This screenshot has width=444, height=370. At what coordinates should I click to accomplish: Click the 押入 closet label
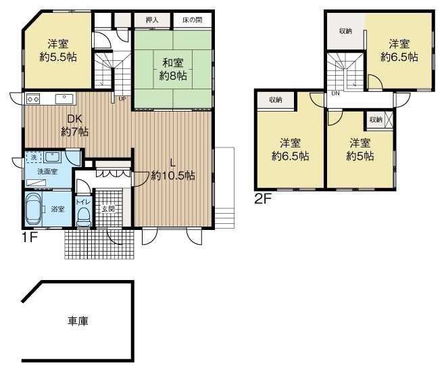(x=152, y=20)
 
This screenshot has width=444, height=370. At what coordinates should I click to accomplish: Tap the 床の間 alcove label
(x=193, y=20)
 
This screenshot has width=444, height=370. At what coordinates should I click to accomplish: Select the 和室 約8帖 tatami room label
(x=173, y=69)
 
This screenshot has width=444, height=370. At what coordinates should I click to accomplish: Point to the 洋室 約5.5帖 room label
(x=57, y=51)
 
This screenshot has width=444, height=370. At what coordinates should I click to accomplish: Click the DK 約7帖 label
(x=75, y=125)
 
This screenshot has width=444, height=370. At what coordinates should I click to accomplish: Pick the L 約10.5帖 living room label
(x=173, y=170)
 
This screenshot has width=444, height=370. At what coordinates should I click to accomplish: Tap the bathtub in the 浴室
(x=33, y=209)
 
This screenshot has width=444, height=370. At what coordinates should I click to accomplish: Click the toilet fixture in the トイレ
(x=84, y=217)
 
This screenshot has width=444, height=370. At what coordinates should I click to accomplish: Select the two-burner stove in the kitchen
(x=33, y=99)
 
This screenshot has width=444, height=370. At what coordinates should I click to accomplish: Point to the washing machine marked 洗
(x=34, y=158)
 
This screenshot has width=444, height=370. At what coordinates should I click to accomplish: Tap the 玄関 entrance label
(x=108, y=209)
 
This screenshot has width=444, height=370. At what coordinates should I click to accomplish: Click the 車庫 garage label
(x=78, y=321)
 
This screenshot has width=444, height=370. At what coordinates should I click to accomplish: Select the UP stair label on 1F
(x=122, y=99)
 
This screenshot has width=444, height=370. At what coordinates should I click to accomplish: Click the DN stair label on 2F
(x=335, y=93)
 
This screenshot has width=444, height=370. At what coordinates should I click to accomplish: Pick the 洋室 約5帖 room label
(x=360, y=149)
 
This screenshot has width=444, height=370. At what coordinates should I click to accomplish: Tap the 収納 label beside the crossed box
(x=376, y=120)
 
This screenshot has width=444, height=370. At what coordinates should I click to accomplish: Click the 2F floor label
(x=263, y=199)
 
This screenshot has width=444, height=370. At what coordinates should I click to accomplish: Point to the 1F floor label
(x=30, y=237)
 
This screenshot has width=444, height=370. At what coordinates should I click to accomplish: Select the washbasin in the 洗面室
(x=52, y=157)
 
